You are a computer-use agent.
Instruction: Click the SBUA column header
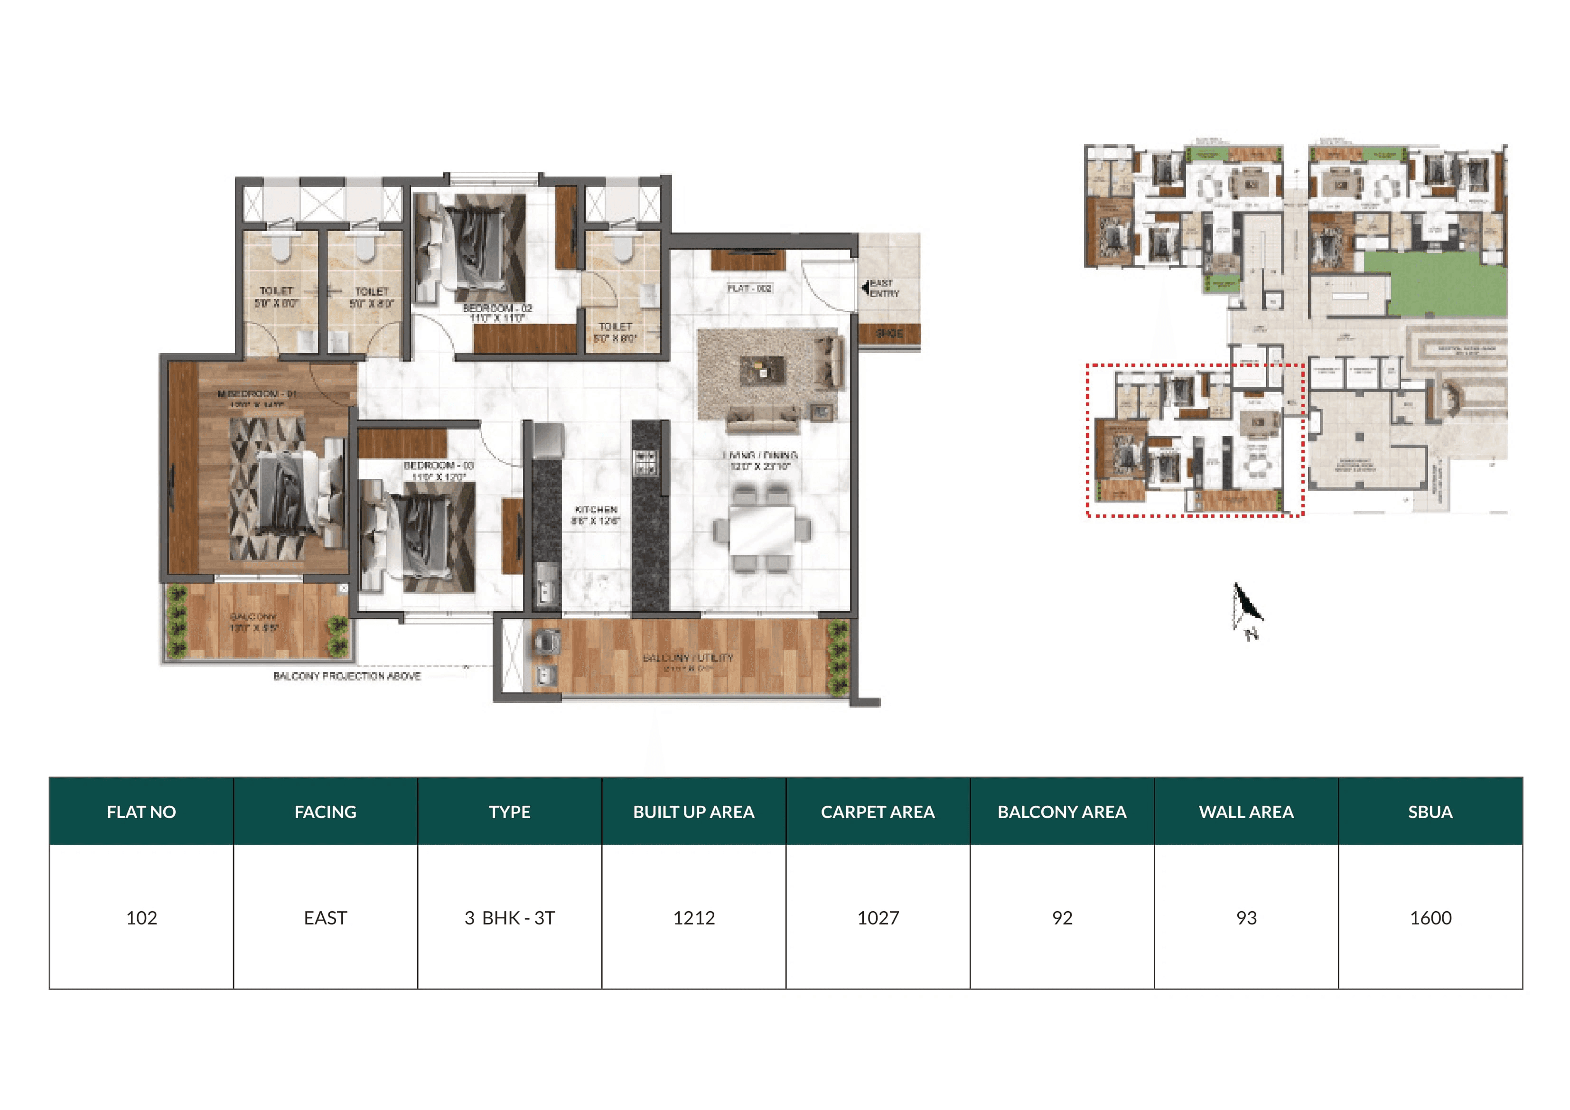click(x=1430, y=812)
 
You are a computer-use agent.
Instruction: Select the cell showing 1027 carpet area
click(x=878, y=918)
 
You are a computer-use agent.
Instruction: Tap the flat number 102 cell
click(x=141, y=918)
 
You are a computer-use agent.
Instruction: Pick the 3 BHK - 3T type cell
click(x=509, y=918)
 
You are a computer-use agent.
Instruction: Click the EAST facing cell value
click(x=326, y=918)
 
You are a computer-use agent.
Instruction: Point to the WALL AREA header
click(x=1246, y=812)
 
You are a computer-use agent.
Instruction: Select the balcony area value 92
click(x=1062, y=918)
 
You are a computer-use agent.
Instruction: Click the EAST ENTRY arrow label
click(x=881, y=288)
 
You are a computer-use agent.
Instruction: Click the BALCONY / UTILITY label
click(x=688, y=658)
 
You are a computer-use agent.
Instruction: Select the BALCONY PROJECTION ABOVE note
click(x=346, y=676)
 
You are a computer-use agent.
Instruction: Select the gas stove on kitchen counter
click(x=645, y=462)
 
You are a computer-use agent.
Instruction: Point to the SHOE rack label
click(x=889, y=334)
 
